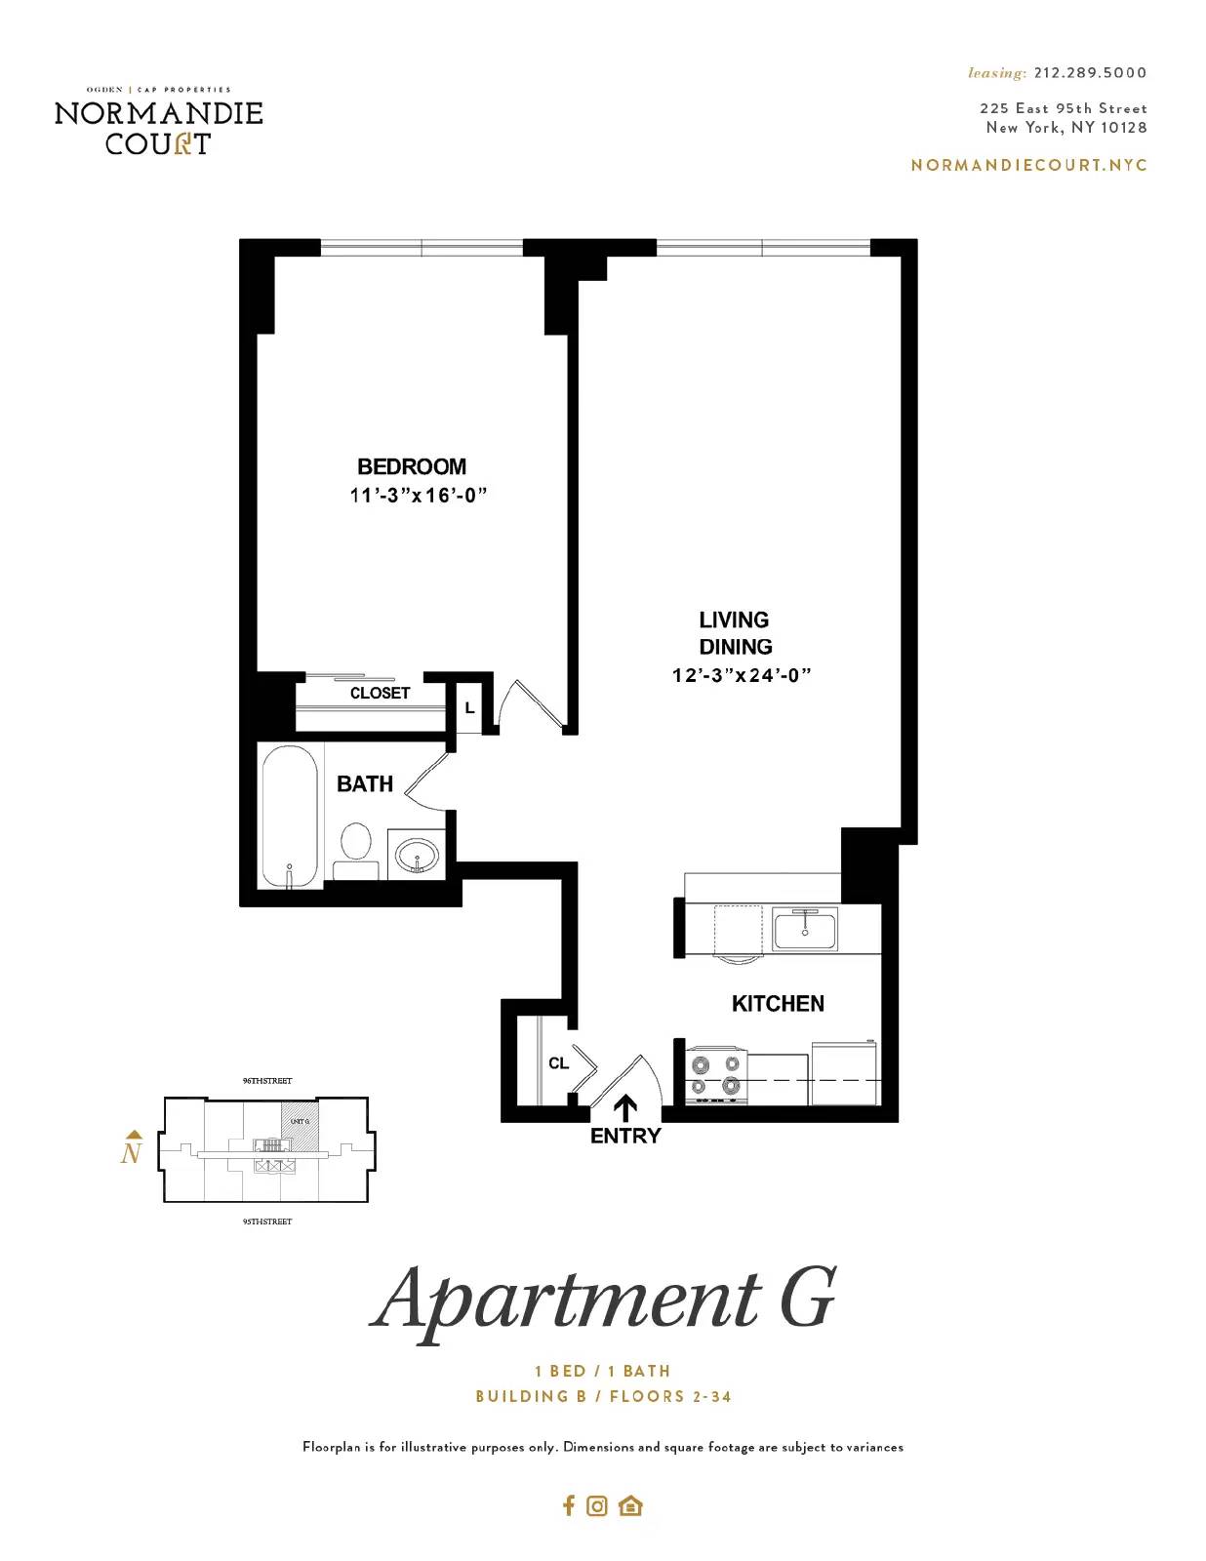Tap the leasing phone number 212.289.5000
pos(1090,72)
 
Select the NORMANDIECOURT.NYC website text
pos(1028,165)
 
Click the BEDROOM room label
pos(412,466)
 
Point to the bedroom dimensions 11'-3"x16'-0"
pos(418,496)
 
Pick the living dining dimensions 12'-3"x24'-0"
pos(742,675)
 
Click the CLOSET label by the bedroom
pos(380,693)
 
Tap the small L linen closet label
pos(469,707)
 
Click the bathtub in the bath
pos(290,816)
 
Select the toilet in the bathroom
pos(356,849)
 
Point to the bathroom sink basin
pos(419,857)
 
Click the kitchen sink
pos(805,928)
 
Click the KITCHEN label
pos(778,1003)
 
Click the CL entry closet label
pos(558,1062)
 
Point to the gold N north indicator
pos(132,1150)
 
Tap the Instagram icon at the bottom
pos(597,1505)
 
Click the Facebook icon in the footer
pos(569,1505)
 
